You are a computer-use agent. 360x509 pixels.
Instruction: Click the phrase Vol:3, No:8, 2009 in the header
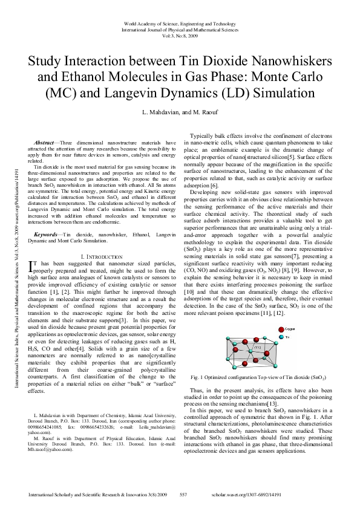pyautogui.click(x=180, y=35)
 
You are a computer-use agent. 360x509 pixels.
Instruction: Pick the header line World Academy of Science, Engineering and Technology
pyautogui.click(x=180, y=23)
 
